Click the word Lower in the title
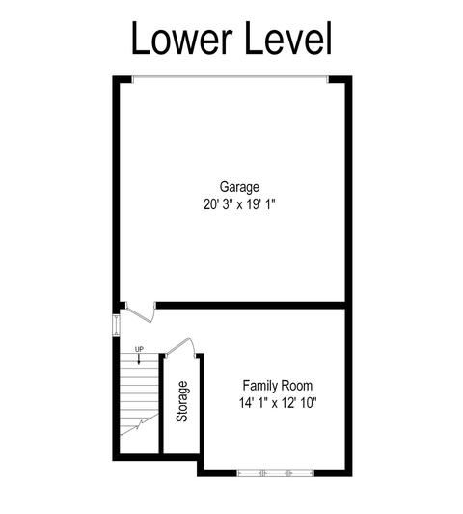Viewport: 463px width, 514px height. point(182,38)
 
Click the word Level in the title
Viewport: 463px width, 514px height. point(288,38)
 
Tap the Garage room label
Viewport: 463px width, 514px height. point(239,187)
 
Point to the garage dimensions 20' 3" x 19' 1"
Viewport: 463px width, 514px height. point(239,204)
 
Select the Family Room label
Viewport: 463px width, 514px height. point(278,386)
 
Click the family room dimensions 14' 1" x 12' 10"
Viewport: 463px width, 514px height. point(278,402)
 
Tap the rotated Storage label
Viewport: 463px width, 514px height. point(182,401)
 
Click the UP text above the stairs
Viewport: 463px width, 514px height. point(139,349)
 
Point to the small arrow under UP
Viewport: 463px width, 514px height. point(139,359)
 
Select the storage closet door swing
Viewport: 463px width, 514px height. point(181,347)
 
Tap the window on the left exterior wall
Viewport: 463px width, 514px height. point(116,325)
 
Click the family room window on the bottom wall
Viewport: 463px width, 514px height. point(276,473)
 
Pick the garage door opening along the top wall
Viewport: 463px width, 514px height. point(231,78)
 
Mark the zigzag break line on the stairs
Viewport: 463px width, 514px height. point(139,424)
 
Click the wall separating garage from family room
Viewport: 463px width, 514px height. point(251,306)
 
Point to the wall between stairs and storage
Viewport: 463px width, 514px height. point(161,404)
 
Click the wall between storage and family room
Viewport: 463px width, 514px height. point(202,407)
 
